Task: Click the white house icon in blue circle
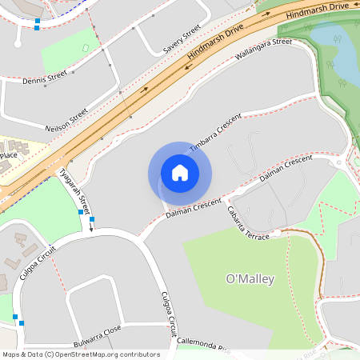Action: pos(180,172)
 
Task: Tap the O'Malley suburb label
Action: pos(250,279)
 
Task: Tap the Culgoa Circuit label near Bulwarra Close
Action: pos(169,314)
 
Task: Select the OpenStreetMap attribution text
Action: pos(80,354)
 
